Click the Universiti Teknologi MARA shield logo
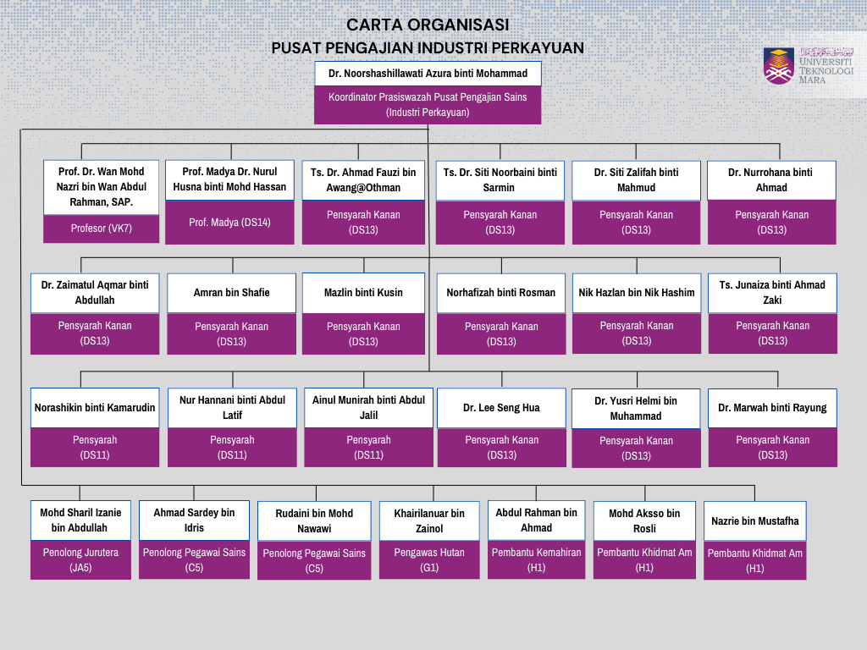pos(779,66)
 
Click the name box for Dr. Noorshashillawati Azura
pos(428,74)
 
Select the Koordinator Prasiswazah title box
pos(428,104)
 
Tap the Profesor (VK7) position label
pos(102,229)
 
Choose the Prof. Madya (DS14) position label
pos(229,223)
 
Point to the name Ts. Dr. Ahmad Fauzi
pos(363,180)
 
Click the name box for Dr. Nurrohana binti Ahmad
pos(771,180)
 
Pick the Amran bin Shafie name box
pos(232,293)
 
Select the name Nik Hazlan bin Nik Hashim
pos(637,293)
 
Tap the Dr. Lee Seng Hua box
pos(501,408)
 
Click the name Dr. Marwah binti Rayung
pos(772,408)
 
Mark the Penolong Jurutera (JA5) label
pos(80,560)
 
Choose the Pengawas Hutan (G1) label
pos(429,560)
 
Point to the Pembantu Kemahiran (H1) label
pos(536,560)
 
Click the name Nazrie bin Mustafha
pos(754,521)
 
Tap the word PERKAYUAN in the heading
pos(538,48)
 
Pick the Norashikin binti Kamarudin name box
pos(95,408)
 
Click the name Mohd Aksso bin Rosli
pos(644,521)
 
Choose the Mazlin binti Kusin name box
pos(363,293)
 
